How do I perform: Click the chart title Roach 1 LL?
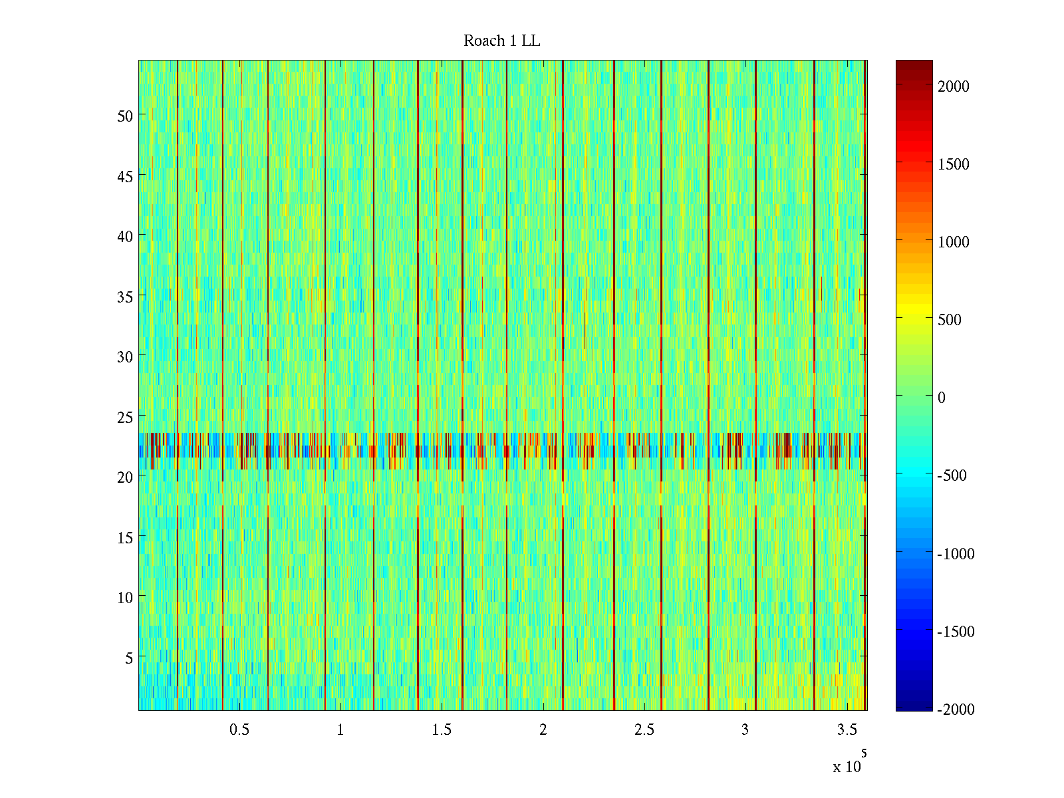[x=501, y=41]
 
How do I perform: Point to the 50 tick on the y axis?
[x=125, y=116]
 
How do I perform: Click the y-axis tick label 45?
[x=125, y=176]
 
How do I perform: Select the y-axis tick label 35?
[x=125, y=297]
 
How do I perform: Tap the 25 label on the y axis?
[x=125, y=417]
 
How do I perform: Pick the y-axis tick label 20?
[x=125, y=477]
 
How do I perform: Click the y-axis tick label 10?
[x=125, y=597]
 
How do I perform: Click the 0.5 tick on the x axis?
[x=239, y=730]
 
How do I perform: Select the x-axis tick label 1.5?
[x=442, y=730]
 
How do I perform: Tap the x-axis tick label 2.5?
[x=644, y=730]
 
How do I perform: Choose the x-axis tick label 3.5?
[x=847, y=730]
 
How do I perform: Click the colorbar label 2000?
[x=954, y=86]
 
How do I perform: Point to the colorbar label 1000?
[x=954, y=242]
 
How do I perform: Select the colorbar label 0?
[x=941, y=398]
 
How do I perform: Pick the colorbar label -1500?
[x=956, y=632]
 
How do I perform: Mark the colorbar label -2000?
[x=956, y=710]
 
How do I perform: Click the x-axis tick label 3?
[x=745, y=730]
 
